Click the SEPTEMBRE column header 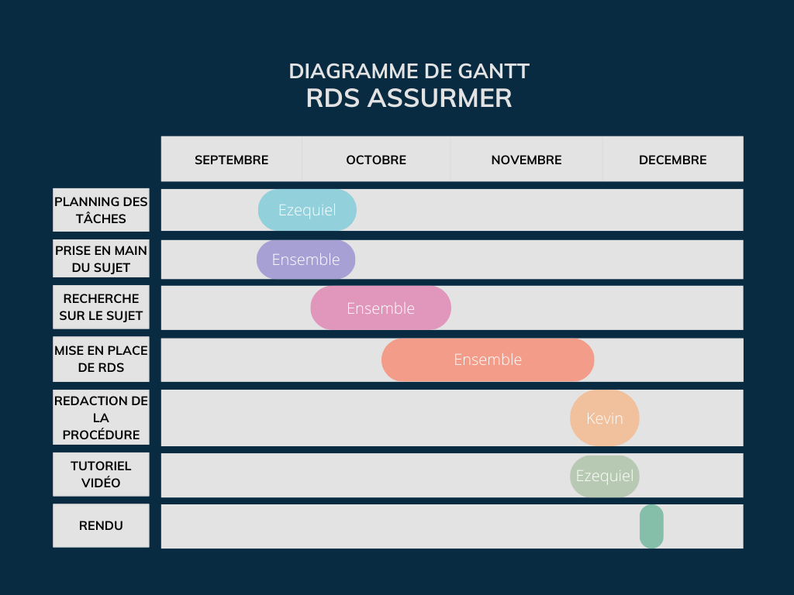pyautogui.click(x=231, y=160)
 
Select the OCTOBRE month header pyautogui.click(x=376, y=160)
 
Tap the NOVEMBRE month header pyautogui.click(x=526, y=160)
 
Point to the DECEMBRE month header pyautogui.click(x=672, y=160)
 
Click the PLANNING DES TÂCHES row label pyautogui.click(x=101, y=210)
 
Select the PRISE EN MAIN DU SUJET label pyautogui.click(x=101, y=259)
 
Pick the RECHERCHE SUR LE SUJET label pyautogui.click(x=101, y=307)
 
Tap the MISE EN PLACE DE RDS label pyautogui.click(x=101, y=359)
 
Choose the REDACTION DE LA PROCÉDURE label pyautogui.click(x=101, y=418)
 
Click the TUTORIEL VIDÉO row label pyautogui.click(x=101, y=474)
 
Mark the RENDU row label pyautogui.click(x=101, y=526)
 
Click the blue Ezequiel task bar pyautogui.click(x=307, y=210)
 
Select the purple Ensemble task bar pyautogui.click(x=306, y=260)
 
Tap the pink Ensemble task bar pyautogui.click(x=381, y=308)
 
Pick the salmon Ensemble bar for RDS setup pyautogui.click(x=488, y=359)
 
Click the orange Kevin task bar pyautogui.click(x=605, y=418)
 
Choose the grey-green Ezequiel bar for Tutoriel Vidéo pyautogui.click(x=605, y=476)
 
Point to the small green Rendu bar pyautogui.click(x=651, y=526)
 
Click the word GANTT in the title pyautogui.click(x=494, y=71)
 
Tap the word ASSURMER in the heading pyautogui.click(x=440, y=98)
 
